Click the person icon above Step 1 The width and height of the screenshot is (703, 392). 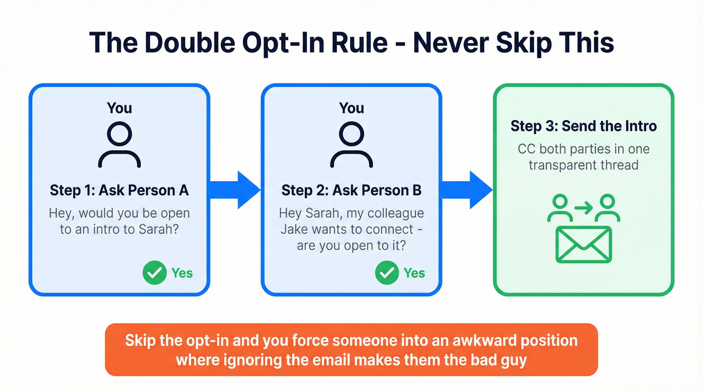[119, 145]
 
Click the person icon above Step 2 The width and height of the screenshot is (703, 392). [351, 145]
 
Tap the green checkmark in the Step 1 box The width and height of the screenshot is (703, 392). [154, 273]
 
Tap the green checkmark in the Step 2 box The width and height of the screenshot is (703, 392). [387, 273]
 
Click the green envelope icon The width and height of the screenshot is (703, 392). [583, 244]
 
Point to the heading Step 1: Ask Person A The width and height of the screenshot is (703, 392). [119, 191]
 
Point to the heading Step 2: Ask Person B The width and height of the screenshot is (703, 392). [351, 191]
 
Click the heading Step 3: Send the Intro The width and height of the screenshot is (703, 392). [583, 126]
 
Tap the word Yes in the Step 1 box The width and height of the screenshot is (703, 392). [182, 273]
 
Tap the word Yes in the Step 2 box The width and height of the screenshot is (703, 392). [414, 273]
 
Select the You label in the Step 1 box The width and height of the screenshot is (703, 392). [119, 108]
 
